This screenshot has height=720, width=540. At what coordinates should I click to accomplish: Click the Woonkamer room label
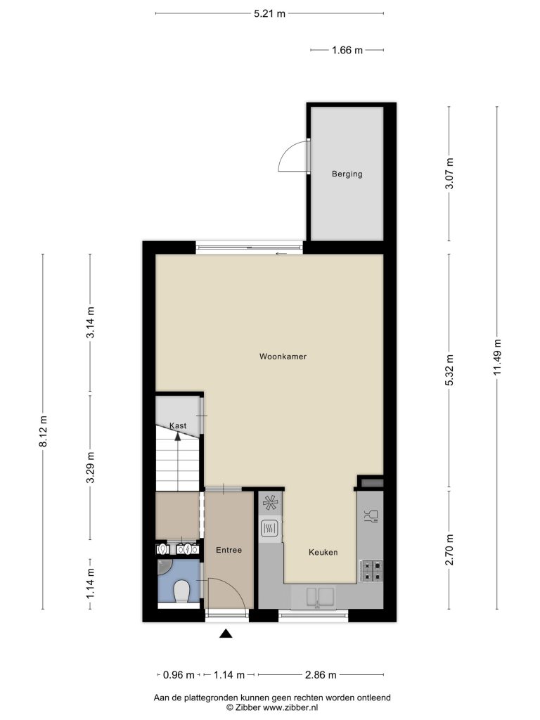click(283, 356)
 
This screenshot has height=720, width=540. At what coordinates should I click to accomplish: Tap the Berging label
click(347, 174)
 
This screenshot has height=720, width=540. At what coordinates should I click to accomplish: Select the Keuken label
click(323, 553)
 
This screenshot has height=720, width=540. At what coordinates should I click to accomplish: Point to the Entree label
click(229, 550)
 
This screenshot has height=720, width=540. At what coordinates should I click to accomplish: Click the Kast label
click(178, 425)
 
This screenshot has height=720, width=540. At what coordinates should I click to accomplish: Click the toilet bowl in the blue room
click(182, 591)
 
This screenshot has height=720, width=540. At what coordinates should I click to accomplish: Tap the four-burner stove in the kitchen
click(371, 571)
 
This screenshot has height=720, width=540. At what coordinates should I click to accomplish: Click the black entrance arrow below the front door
click(226, 634)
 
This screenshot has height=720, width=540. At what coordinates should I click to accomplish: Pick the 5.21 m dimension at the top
click(269, 14)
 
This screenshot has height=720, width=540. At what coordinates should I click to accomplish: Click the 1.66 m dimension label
click(347, 50)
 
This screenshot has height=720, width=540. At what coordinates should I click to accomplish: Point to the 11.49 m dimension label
click(497, 358)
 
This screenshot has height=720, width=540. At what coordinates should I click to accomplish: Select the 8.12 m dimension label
click(43, 431)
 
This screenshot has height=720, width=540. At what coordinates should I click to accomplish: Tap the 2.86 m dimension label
click(321, 675)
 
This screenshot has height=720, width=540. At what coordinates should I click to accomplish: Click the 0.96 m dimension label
click(179, 675)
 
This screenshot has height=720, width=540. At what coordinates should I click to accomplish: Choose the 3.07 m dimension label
click(449, 174)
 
